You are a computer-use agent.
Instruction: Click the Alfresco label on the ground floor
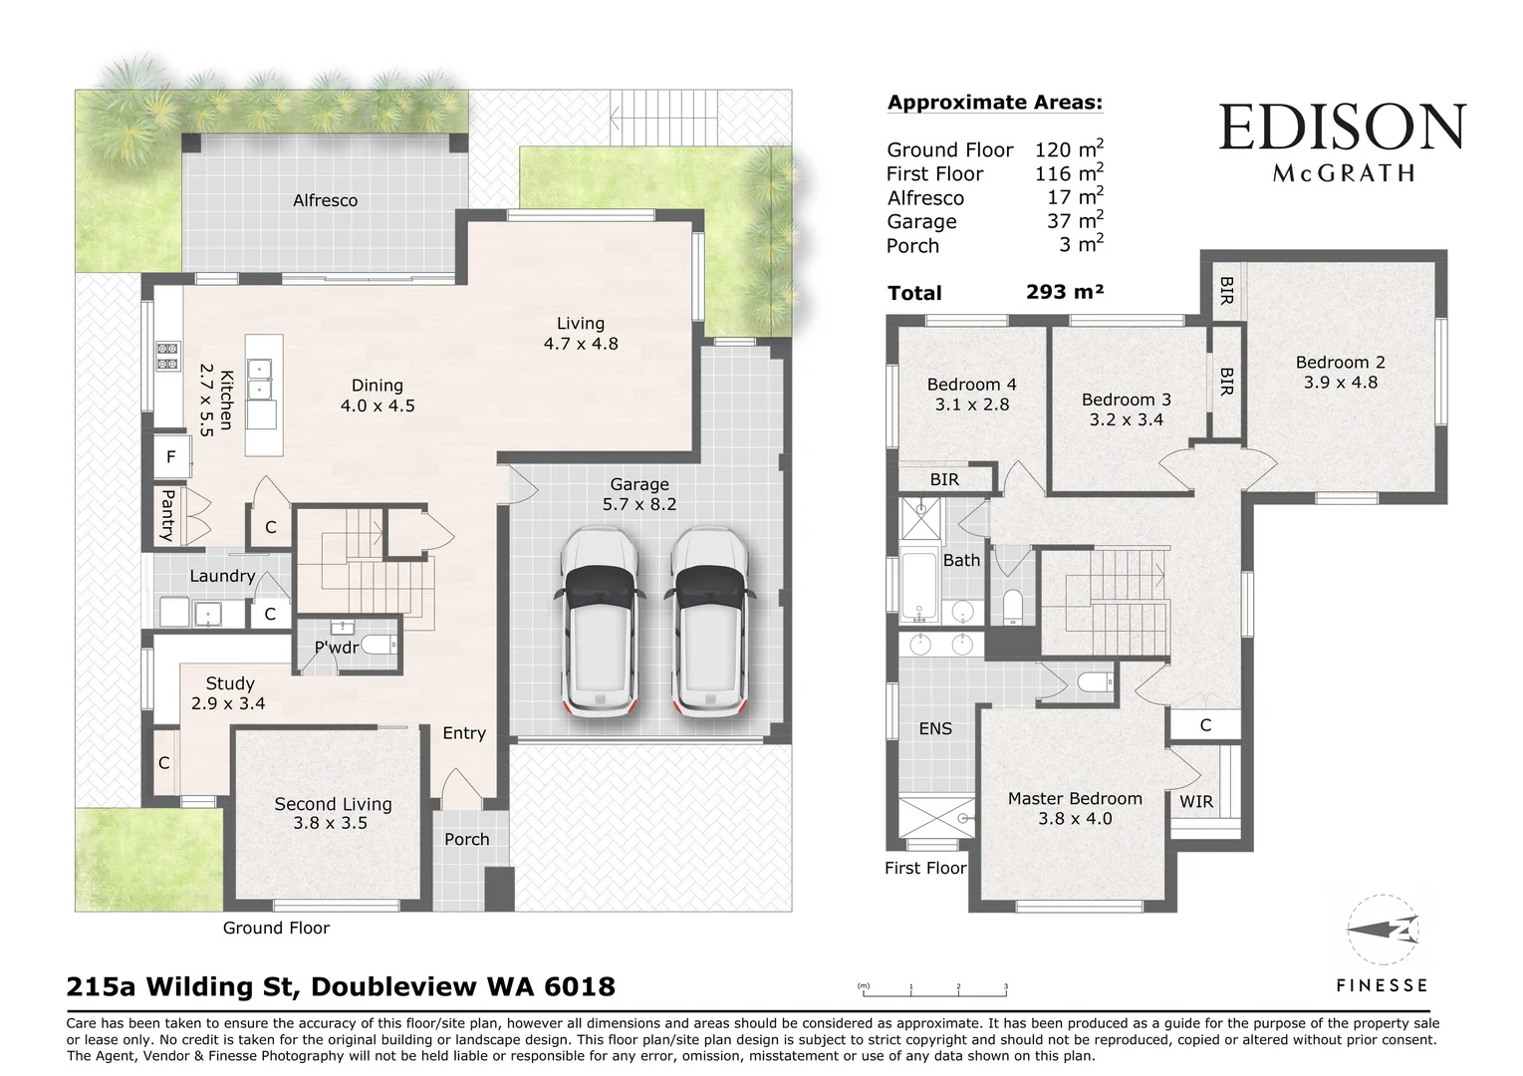click(x=325, y=200)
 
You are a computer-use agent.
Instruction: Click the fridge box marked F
click(x=171, y=457)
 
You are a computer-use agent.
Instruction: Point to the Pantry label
click(x=167, y=515)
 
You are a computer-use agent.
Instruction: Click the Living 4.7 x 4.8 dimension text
click(x=581, y=344)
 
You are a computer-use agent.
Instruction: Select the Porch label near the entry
click(x=466, y=839)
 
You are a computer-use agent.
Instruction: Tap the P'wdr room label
click(x=337, y=648)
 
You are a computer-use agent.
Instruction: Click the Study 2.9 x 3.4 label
click(x=229, y=693)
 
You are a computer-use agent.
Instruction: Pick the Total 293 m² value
click(x=1064, y=292)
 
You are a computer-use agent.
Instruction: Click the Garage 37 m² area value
click(x=1074, y=221)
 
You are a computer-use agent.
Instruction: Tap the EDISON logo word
click(x=1342, y=129)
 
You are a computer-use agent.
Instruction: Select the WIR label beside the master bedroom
click(x=1195, y=801)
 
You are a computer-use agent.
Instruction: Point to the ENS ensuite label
click(x=934, y=728)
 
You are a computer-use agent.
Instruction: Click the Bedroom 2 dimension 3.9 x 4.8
click(x=1340, y=382)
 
